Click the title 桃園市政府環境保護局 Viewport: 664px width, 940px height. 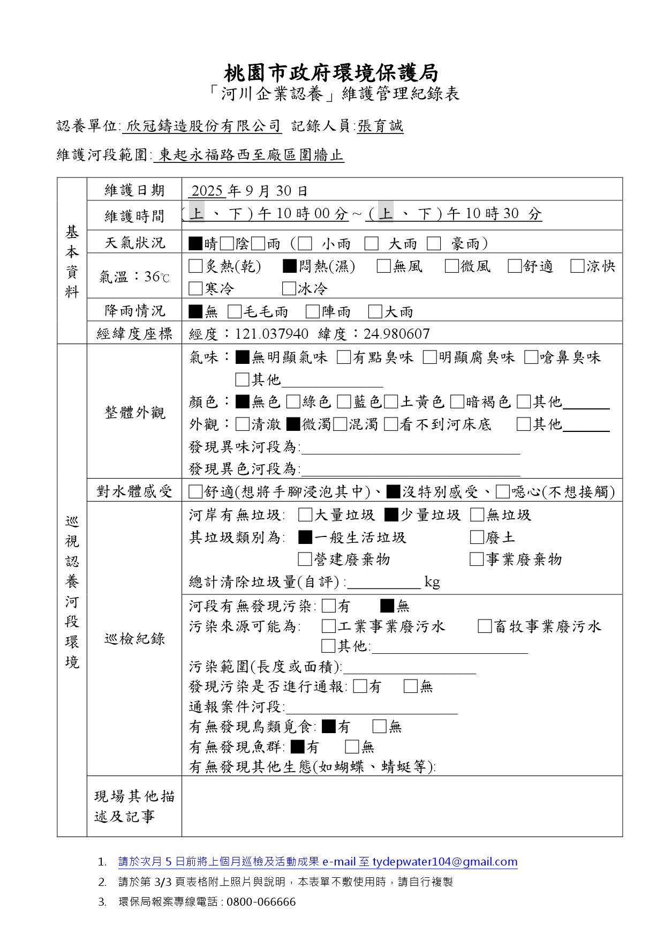tap(331, 72)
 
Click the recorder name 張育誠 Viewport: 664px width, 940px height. tap(380, 126)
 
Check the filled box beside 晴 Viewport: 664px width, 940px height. tap(195, 244)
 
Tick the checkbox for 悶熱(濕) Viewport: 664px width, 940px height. tap(290, 266)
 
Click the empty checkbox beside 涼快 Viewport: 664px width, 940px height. tap(577, 266)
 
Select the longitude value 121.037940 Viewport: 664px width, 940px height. tap(271, 334)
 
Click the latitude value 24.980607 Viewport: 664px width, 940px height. tap(396, 334)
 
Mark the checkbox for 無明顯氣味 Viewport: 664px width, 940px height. tap(242, 357)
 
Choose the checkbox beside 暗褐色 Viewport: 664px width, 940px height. tap(457, 401)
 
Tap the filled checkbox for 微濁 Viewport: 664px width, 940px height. tap(292, 424)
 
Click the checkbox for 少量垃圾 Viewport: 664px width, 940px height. tap(391, 515)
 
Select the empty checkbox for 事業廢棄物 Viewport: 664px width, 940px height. tap(476, 559)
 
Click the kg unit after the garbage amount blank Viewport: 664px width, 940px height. tap(432, 581)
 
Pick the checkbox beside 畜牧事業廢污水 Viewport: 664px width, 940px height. tap(485, 626)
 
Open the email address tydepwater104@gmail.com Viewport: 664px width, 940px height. tap(445, 862)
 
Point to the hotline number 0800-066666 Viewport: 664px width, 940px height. tap(261, 901)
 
